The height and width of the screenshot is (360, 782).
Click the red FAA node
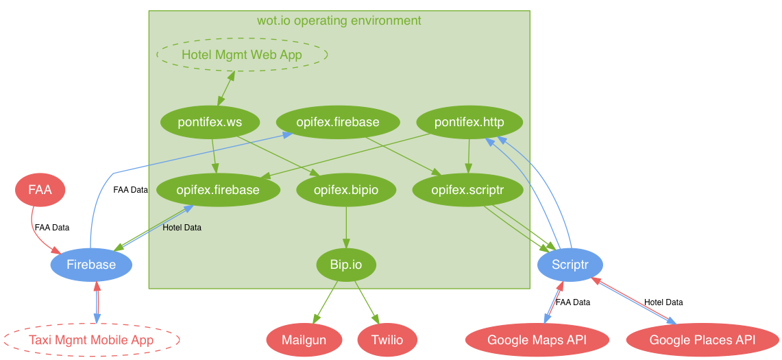click(x=40, y=190)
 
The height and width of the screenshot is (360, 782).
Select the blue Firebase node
click(x=91, y=265)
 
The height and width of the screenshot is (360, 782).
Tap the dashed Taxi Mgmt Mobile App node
click(x=91, y=340)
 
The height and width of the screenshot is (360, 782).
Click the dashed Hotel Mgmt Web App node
click(x=242, y=54)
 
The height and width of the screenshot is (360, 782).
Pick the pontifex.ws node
click(x=210, y=122)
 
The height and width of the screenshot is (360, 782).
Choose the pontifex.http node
click(x=469, y=122)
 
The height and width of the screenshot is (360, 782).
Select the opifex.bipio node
click(x=346, y=190)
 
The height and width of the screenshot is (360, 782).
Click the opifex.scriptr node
click(x=468, y=190)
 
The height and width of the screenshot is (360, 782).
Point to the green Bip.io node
click(x=346, y=265)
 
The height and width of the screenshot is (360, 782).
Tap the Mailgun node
click(x=304, y=340)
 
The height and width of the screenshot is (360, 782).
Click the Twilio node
click(x=387, y=340)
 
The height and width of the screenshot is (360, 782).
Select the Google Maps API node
click(x=537, y=340)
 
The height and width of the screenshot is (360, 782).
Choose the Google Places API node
click(x=702, y=340)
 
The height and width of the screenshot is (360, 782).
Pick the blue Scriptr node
click(x=570, y=265)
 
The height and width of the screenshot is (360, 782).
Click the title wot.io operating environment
click(x=339, y=21)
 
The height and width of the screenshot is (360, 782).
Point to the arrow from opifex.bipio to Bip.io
click(x=346, y=227)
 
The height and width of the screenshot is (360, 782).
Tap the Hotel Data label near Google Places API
click(x=663, y=302)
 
